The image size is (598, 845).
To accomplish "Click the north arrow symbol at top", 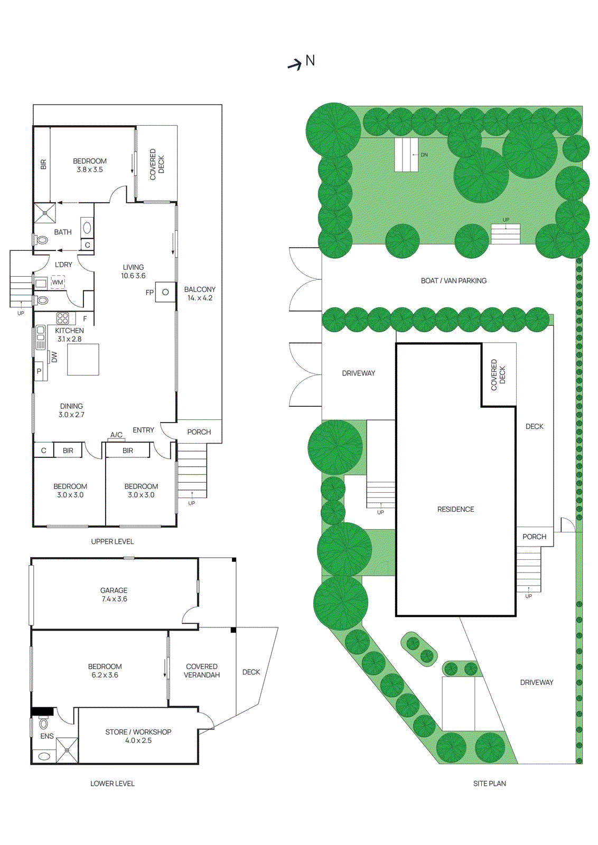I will [x=295, y=64].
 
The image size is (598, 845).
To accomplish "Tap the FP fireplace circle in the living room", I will [x=165, y=292].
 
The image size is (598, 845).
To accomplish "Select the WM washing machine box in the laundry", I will [x=57, y=283].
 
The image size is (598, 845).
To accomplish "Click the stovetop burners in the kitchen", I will [x=62, y=318].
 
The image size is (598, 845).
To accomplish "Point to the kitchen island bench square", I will [x=83, y=360].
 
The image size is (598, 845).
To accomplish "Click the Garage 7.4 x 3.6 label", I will [x=114, y=595].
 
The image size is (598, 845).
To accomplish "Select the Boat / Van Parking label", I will [x=453, y=280].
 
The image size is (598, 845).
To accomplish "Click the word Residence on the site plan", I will [x=455, y=509].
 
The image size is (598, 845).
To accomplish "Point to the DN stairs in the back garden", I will [x=406, y=155].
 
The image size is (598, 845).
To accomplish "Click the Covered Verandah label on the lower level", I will [x=202, y=671].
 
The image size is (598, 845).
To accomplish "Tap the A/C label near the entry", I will [x=116, y=435].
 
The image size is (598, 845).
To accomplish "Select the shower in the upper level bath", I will [x=45, y=213].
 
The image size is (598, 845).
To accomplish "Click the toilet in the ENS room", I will [x=44, y=723].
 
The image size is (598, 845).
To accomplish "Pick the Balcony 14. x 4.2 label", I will [x=200, y=294].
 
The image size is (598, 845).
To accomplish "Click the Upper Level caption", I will [x=112, y=541].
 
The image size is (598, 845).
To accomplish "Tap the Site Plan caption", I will [x=489, y=783].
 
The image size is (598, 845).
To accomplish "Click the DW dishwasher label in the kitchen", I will [x=54, y=357].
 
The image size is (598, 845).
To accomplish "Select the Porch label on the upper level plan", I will [x=199, y=431].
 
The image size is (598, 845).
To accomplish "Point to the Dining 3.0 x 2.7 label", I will [x=71, y=410].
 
